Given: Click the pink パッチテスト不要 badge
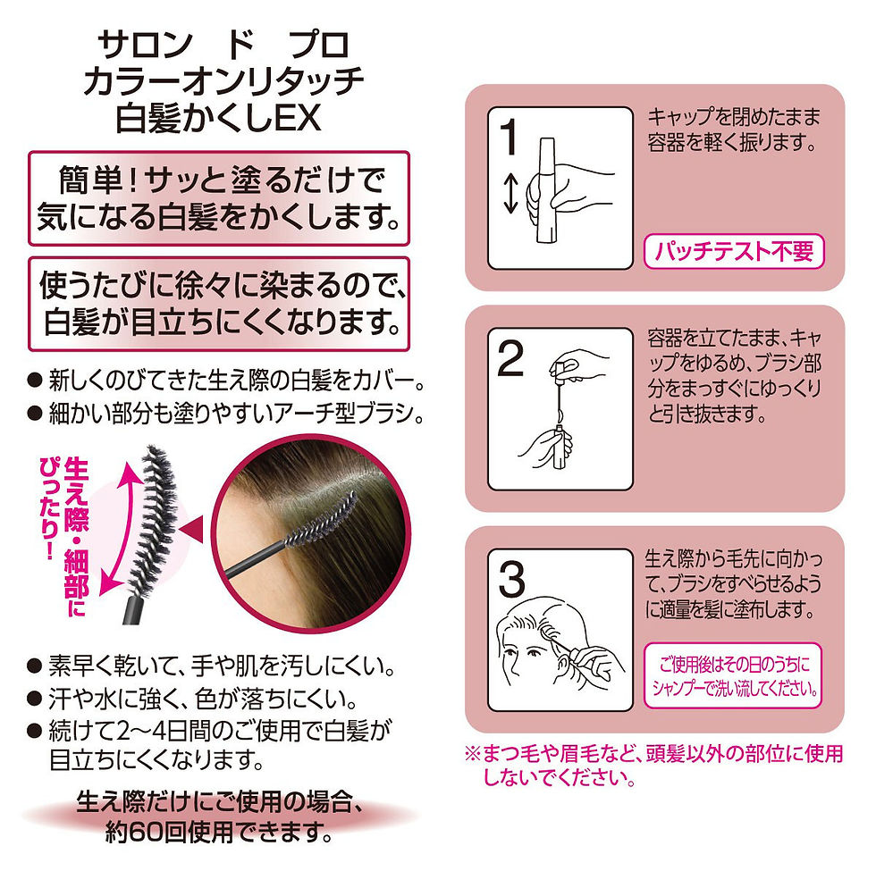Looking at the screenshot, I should [732, 252].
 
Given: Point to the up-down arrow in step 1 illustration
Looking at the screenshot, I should [510, 194].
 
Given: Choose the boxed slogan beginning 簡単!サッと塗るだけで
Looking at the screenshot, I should [219, 198].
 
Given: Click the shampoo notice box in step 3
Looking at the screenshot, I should [732, 676].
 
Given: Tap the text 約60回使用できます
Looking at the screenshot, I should [219, 837].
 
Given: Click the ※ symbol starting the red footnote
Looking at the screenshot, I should [471, 754].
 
